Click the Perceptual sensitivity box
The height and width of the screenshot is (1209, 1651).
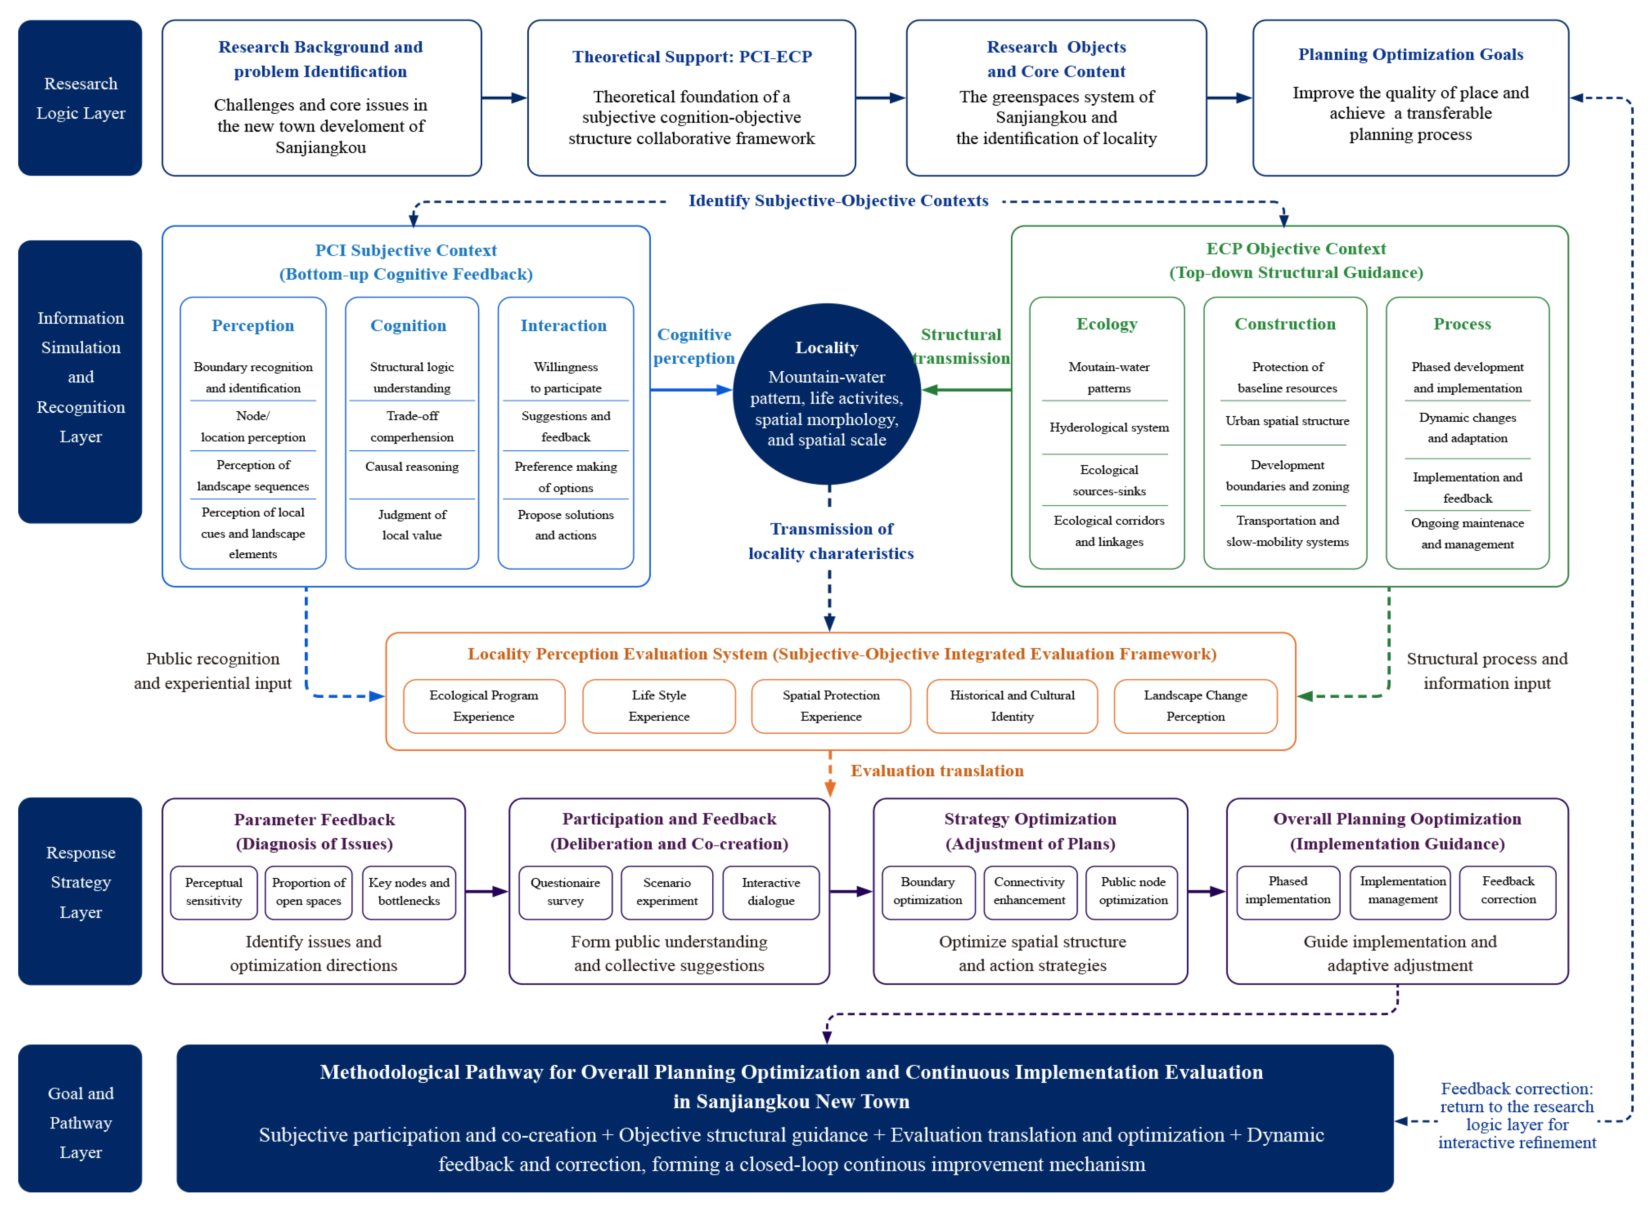point(214,892)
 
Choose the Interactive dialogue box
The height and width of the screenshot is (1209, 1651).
point(770,892)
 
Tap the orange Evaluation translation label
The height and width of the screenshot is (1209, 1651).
point(937,771)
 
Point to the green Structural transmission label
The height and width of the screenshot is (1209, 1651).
point(961,346)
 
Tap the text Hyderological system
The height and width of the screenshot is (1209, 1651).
point(1109,427)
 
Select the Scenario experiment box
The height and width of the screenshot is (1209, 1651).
point(666,892)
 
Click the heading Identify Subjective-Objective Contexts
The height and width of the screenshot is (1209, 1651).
point(838,200)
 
